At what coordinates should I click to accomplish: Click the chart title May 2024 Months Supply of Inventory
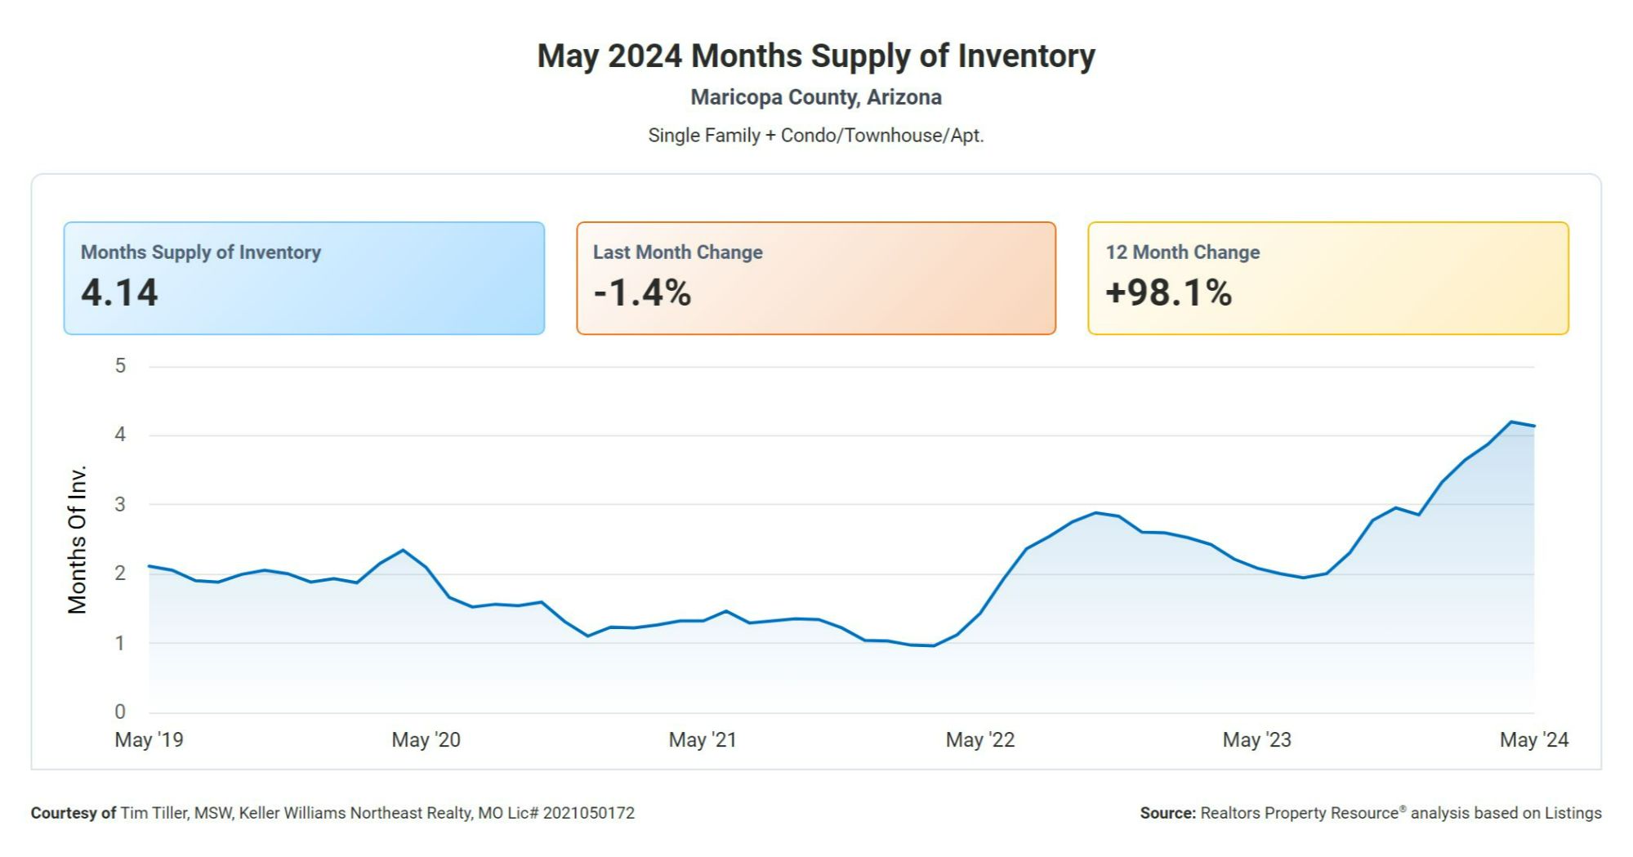pos(815,56)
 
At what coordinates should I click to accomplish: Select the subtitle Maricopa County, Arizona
pos(815,97)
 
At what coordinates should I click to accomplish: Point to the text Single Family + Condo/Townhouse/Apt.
pos(815,136)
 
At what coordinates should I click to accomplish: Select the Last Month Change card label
pos(677,252)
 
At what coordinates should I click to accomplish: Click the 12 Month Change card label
pos(1182,252)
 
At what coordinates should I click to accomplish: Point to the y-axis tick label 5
pos(120,366)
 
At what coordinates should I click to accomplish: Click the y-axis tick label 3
pos(120,505)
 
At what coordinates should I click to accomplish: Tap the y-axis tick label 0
pos(120,712)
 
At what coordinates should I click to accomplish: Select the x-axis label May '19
pos(149,740)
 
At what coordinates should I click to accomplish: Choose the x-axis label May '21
pos(703,740)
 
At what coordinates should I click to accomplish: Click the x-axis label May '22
pos(979,740)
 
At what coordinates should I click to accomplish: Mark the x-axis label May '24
pos(1533,740)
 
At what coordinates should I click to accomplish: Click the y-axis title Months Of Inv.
pos(78,539)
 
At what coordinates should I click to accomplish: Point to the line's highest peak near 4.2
pos(1511,422)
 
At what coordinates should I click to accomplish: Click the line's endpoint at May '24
pos(1534,426)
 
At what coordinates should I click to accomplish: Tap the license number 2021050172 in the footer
pos(588,814)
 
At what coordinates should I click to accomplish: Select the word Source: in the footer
pos(1167,814)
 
